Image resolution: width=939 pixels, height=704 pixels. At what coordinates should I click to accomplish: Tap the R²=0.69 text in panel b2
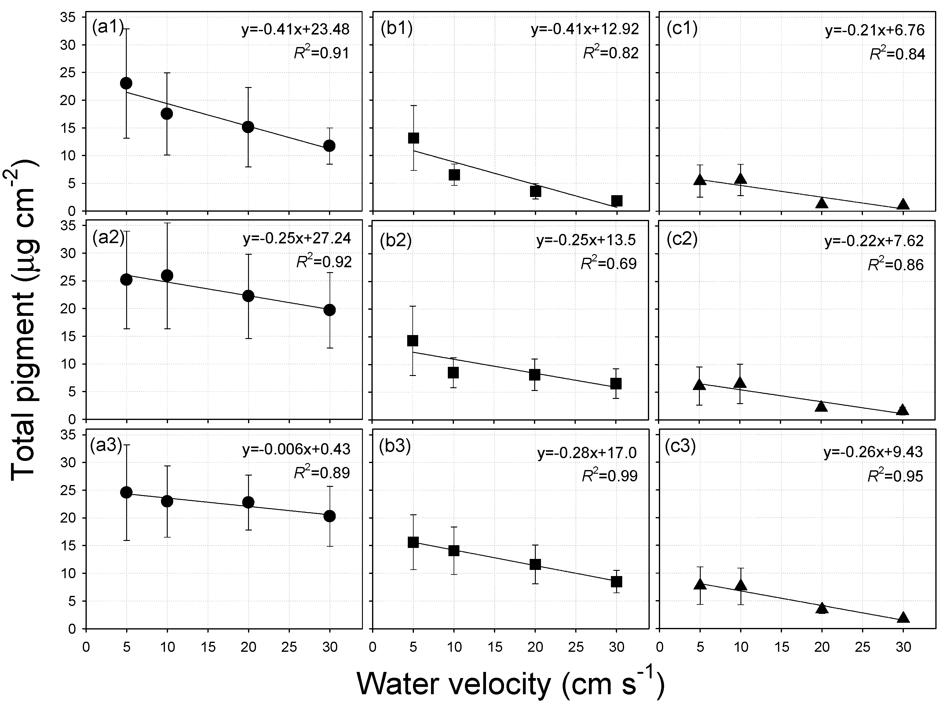(609, 264)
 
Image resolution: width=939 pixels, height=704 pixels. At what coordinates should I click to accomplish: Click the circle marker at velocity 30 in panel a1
(329, 146)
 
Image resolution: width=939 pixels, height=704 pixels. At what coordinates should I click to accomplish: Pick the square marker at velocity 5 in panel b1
(413, 138)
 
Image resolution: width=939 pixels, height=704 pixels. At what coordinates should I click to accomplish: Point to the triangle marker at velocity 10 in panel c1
(741, 179)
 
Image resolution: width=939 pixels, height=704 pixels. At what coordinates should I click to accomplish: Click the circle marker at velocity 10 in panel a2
(167, 276)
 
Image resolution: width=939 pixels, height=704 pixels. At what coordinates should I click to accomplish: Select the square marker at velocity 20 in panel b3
(535, 564)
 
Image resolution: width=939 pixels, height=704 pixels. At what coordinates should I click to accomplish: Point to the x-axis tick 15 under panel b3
(495, 647)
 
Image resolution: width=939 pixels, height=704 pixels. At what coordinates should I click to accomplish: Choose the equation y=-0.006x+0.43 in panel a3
(296, 449)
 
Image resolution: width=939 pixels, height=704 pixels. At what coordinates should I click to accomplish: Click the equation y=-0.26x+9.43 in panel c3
(873, 452)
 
